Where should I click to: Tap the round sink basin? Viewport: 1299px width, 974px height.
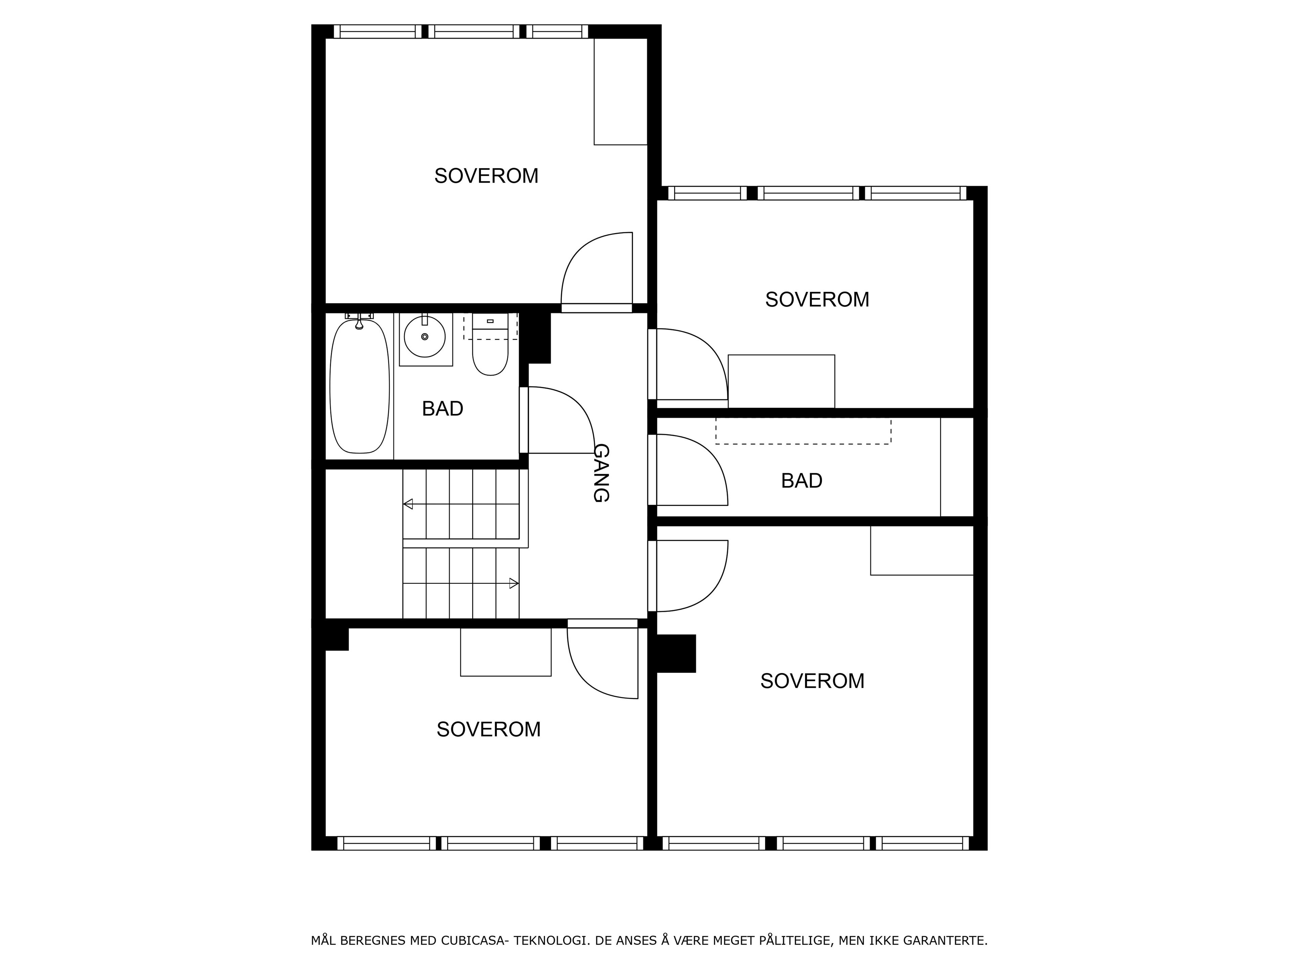coord(425,337)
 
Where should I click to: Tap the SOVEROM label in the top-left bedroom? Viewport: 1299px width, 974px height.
coord(486,176)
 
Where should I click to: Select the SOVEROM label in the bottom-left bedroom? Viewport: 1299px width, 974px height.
coord(488,729)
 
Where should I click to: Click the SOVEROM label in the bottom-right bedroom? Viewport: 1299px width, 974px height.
coord(812,681)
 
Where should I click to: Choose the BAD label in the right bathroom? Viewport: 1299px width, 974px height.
coord(802,481)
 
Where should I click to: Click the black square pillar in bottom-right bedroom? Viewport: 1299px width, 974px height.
coord(676,653)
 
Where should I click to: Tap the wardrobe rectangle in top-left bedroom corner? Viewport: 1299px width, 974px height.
coord(621,92)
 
